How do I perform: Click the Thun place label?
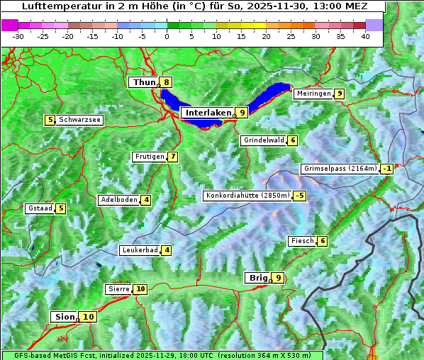click(x=144, y=83)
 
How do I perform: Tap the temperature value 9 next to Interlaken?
click(x=242, y=113)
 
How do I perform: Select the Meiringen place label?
click(x=313, y=94)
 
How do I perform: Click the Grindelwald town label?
click(x=263, y=140)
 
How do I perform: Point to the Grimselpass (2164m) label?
click(x=340, y=169)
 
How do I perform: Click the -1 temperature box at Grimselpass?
click(x=386, y=169)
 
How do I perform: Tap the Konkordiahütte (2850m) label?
click(x=247, y=196)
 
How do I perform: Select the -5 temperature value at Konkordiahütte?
click(x=300, y=196)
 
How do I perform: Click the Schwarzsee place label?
click(x=79, y=120)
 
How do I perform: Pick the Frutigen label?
click(x=149, y=157)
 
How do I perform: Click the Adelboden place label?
click(x=118, y=200)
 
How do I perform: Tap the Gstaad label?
click(x=39, y=208)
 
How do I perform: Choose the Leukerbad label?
click(x=139, y=250)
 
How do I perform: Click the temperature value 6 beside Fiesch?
click(x=323, y=241)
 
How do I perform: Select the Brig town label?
click(x=257, y=278)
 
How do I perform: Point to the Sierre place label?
click(x=118, y=289)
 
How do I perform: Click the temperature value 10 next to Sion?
click(x=87, y=317)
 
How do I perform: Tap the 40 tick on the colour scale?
click(x=365, y=35)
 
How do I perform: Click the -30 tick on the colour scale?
click(x=18, y=35)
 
